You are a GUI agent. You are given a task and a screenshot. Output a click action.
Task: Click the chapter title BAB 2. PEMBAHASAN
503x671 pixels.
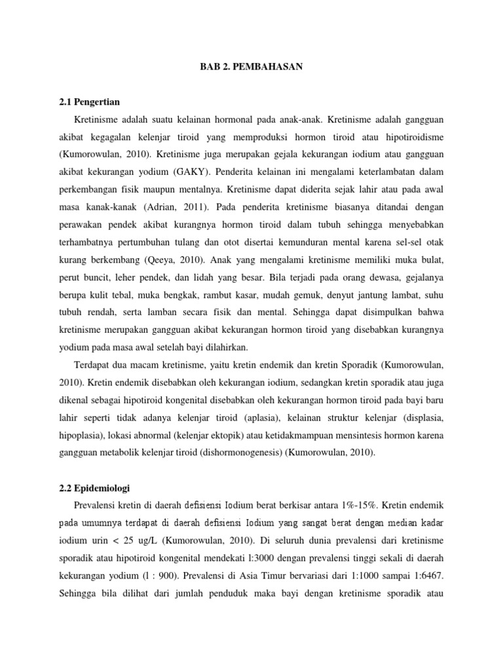pyautogui.click(x=251, y=67)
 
